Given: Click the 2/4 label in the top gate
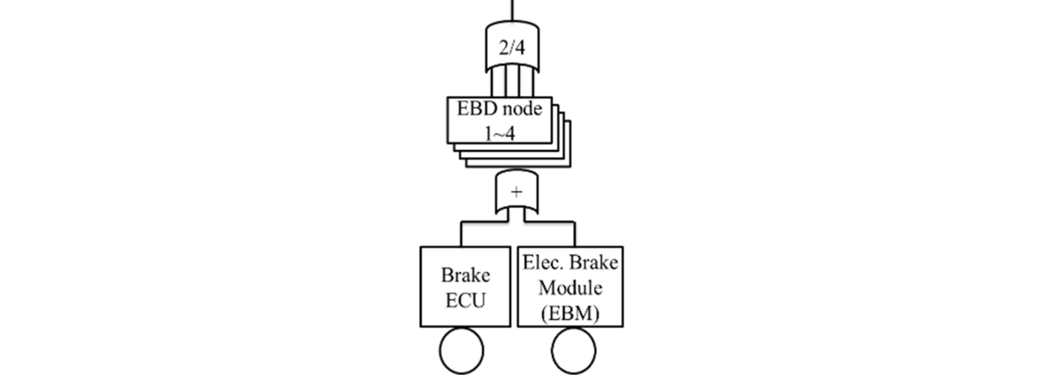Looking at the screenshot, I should click(x=512, y=48).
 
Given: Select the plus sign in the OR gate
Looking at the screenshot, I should click(x=517, y=192).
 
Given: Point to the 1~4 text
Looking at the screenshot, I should click(x=500, y=134).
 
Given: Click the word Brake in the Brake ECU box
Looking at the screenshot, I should click(x=465, y=276).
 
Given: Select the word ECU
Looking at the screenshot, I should click(x=465, y=300).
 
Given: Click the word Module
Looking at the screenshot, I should click(x=570, y=288).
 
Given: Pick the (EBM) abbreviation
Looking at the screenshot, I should click(x=570, y=313).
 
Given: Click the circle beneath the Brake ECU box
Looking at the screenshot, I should click(x=461, y=351).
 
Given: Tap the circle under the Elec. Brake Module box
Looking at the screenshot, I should click(x=573, y=351).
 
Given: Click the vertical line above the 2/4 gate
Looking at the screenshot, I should click(x=512, y=10).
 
